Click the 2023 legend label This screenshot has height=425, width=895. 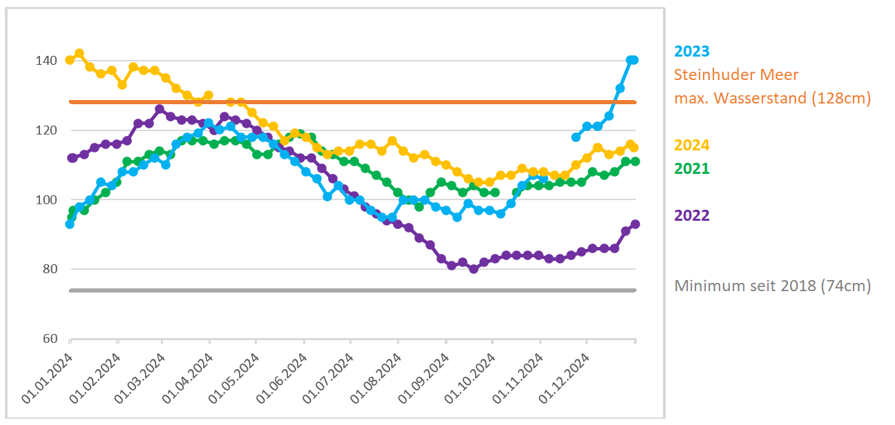click(692, 51)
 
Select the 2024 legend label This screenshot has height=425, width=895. click(692, 145)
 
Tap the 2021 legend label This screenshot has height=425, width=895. click(692, 168)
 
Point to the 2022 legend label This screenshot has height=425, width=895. click(692, 215)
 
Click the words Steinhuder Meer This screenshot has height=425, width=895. click(736, 75)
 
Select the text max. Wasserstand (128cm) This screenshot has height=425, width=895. click(772, 98)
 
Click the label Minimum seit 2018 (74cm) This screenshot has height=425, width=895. click(772, 286)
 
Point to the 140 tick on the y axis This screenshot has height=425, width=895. click(46, 61)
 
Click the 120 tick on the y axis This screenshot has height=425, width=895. click(46, 130)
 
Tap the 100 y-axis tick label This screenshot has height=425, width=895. click(46, 200)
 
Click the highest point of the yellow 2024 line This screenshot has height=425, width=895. click(79, 53)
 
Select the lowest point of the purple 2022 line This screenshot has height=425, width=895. click(474, 269)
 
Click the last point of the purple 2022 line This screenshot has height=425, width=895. click(635, 224)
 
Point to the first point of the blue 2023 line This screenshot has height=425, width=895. click(70, 224)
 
